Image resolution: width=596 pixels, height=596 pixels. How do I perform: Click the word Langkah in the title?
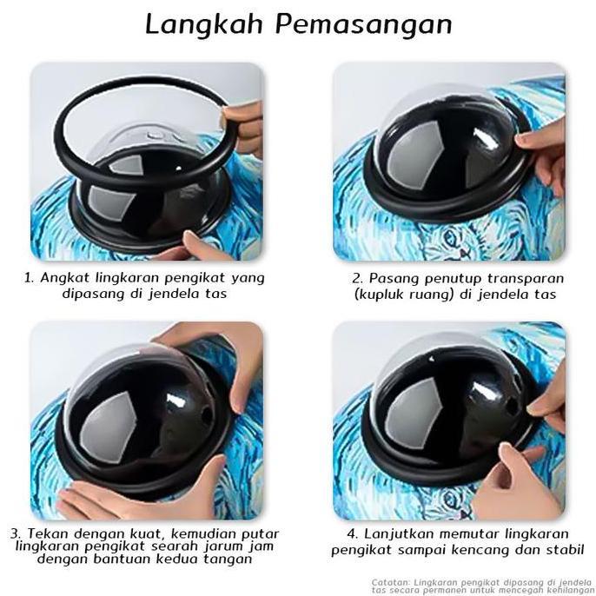coord(205,24)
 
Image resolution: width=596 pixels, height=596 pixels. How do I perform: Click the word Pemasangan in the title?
coord(365,24)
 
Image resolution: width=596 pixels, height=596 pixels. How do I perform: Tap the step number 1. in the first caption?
coord(30,279)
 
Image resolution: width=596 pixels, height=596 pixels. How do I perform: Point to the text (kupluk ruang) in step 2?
coord(403,295)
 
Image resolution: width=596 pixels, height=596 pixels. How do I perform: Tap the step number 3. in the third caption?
coord(17,533)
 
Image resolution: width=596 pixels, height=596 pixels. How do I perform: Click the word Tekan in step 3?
coord(50,533)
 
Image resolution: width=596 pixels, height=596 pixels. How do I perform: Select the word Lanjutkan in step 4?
coord(403,533)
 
